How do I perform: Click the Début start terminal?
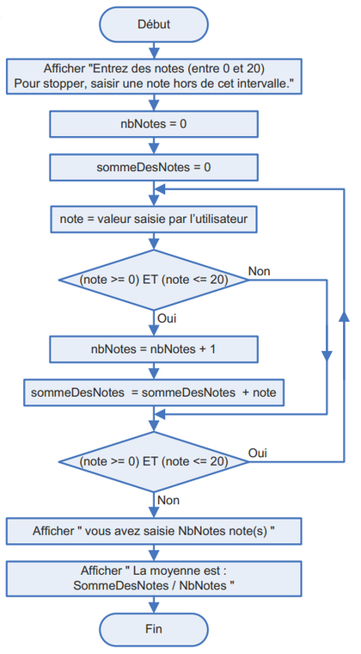154,25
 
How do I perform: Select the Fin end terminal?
154,629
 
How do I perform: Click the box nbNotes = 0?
154,124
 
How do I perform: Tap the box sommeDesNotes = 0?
154,167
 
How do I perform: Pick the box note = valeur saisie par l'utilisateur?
154,219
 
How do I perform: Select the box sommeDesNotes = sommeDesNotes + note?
154,392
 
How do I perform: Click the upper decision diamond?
154,280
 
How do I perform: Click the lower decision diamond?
154,461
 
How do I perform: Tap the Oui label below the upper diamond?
168,318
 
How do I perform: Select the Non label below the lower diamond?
169,499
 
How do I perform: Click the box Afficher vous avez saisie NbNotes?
154,531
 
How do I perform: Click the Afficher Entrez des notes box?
154,76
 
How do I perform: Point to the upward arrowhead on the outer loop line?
346,317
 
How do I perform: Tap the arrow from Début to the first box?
154,50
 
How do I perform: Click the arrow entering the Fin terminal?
154,605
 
